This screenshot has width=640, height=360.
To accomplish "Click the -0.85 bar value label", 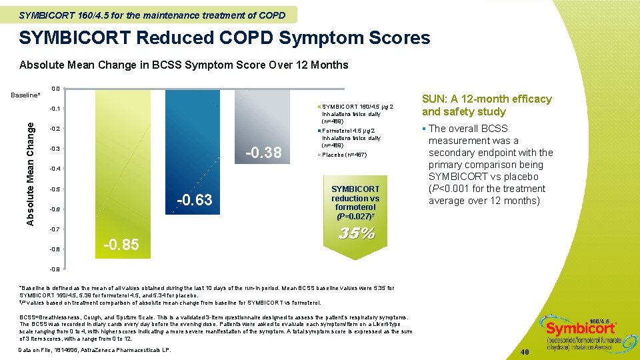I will pyautogui.click(x=121, y=245).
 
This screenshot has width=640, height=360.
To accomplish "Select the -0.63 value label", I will pyautogui.click(x=194, y=199).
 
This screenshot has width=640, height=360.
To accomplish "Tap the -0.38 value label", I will pyautogui.click(x=264, y=153).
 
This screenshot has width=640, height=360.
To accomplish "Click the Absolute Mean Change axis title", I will pyautogui.click(x=31, y=167).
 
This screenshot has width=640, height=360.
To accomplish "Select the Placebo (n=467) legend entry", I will pyautogui.click(x=344, y=155).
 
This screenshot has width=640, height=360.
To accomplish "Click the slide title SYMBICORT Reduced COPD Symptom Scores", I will pyautogui.click(x=225, y=38).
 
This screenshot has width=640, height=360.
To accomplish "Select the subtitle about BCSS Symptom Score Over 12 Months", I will pyautogui.click(x=184, y=65).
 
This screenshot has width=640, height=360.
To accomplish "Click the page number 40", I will pyautogui.click(x=524, y=351).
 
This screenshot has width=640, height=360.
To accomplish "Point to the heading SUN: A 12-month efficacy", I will pyautogui.click(x=487, y=105).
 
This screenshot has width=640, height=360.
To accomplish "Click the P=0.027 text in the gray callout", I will pyautogui.click(x=355, y=216).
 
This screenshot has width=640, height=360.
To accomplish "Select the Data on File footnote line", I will pyautogui.click(x=95, y=350).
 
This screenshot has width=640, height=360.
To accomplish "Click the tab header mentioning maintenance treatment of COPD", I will pyautogui.click(x=152, y=15).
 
